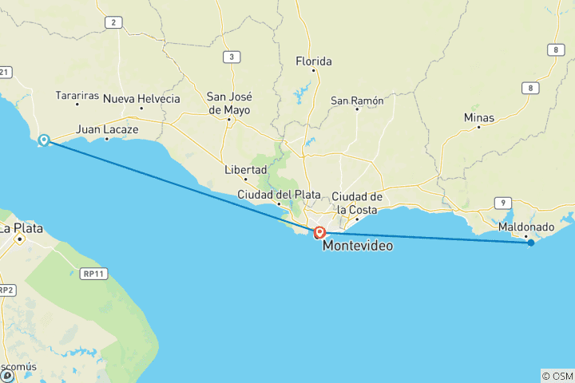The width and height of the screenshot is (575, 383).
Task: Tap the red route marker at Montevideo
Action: pyautogui.click(x=319, y=233)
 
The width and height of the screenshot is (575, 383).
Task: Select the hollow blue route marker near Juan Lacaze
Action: pyautogui.click(x=45, y=140)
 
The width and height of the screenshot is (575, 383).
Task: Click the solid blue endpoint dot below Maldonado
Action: pyautogui.click(x=530, y=243)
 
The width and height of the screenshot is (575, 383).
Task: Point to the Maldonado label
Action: pyautogui.click(x=525, y=227)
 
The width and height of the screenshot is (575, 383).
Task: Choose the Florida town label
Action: pyautogui.click(x=313, y=61)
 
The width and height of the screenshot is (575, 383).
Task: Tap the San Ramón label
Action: pyautogui.click(x=357, y=101)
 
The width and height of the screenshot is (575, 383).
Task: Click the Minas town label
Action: pyautogui.click(x=478, y=117)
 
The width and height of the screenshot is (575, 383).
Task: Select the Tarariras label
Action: pyautogui.click(x=77, y=96)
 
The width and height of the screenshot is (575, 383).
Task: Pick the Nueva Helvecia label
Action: pyautogui.click(x=142, y=99)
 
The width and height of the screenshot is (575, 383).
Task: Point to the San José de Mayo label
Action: pyautogui.click(x=228, y=103)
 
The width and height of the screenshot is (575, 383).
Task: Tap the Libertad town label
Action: pyautogui.click(x=245, y=170)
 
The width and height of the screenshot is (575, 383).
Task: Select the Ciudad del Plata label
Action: pyautogui.click(x=279, y=195)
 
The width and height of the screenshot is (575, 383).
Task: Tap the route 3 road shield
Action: pyautogui.click(x=232, y=56)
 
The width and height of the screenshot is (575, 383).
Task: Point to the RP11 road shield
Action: pyautogui.click(x=94, y=274)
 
